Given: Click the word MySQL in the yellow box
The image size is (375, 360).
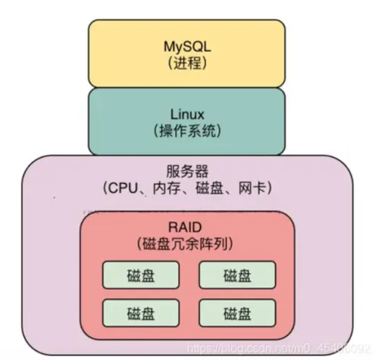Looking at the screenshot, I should (186, 46).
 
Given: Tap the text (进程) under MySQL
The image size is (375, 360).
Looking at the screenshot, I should (186, 63).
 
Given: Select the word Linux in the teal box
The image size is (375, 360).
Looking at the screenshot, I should (186, 113).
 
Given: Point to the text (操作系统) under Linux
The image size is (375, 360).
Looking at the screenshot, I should (186, 130).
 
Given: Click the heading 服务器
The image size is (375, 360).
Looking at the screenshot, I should (186, 171).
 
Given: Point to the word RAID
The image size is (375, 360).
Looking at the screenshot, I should (186, 227).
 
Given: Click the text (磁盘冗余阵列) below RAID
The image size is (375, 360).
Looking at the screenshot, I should (186, 243).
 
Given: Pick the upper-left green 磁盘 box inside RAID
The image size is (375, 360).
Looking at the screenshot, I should (140, 275).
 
